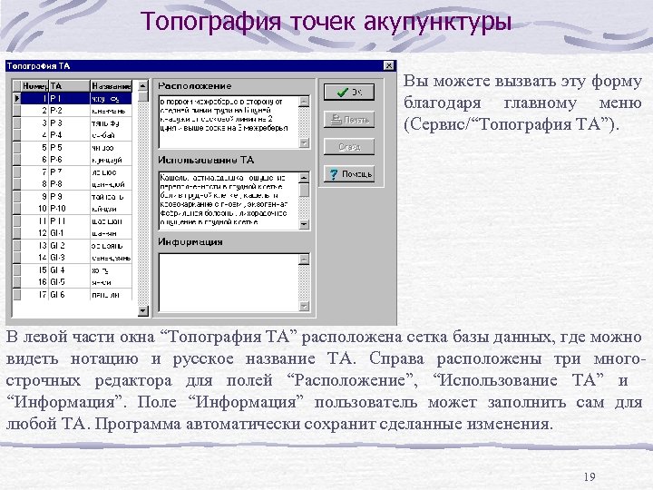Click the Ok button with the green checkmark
(x=349, y=92)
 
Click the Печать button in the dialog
(x=349, y=119)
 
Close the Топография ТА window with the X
(x=389, y=66)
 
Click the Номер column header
(x=33, y=85)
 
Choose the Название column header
(x=111, y=85)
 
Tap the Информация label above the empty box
(x=190, y=242)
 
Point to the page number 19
(x=589, y=477)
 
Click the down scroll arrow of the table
(x=141, y=310)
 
